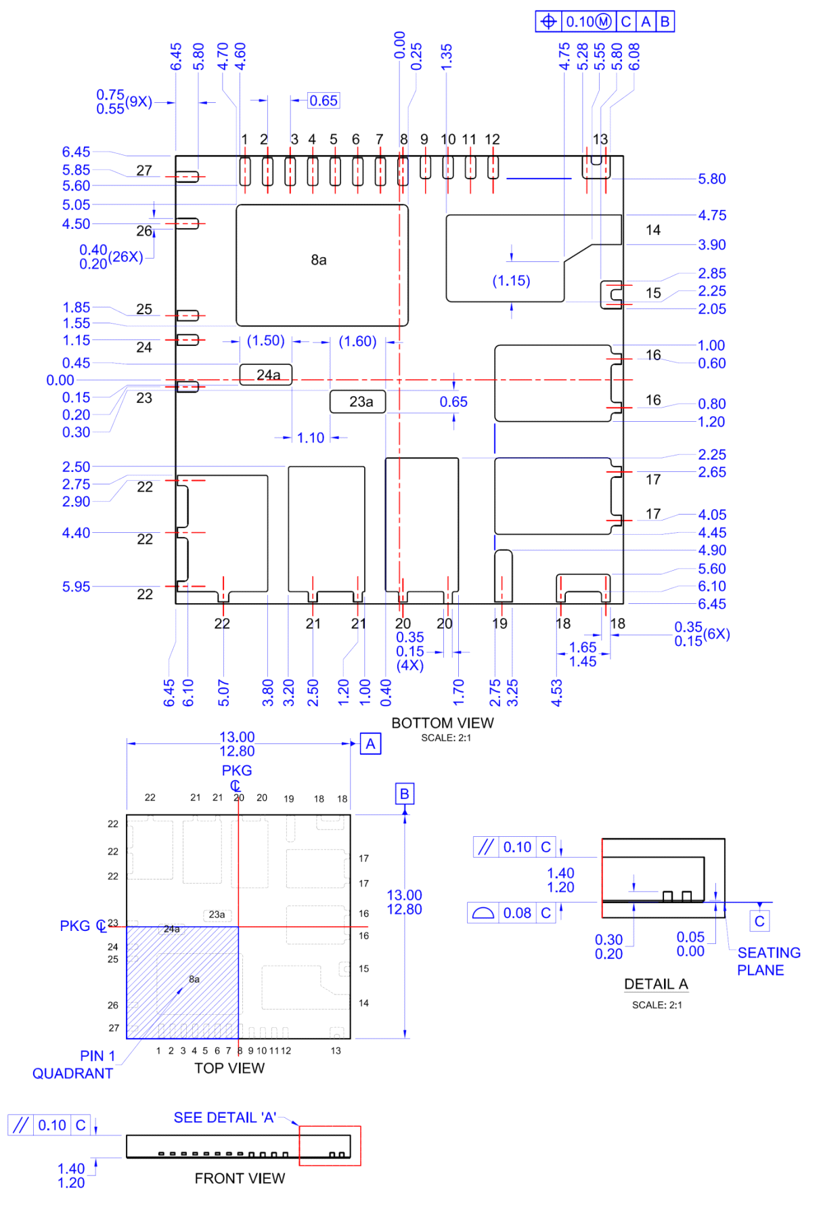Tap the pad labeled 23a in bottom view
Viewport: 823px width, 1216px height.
(358, 401)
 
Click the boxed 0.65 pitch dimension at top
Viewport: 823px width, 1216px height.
(324, 101)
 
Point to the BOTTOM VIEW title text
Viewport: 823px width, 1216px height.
(443, 722)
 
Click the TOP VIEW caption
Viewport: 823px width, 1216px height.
(229, 1068)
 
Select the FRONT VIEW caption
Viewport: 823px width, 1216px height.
(240, 1178)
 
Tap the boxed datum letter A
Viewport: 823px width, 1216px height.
(370, 744)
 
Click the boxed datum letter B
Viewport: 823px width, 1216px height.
(404, 794)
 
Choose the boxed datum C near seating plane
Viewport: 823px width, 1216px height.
(759, 921)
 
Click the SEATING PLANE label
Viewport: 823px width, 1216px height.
(768, 961)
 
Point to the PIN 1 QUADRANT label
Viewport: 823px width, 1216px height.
(73, 1064)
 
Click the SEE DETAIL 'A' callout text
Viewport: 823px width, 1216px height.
(225, 1118)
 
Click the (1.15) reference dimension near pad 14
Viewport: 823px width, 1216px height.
(511, 281)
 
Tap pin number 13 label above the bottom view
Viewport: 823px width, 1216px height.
(600, 139)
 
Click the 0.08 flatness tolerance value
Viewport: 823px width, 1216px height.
(517, 913)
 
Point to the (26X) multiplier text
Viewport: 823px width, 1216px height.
(126, 257)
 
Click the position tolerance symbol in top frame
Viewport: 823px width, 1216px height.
(548, 22)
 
